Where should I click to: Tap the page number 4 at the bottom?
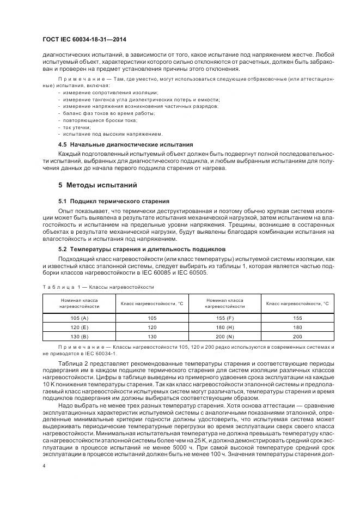tap(44, 466)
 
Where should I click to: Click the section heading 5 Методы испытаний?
tap(90, 185)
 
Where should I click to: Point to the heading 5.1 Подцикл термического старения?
tap(114, 202)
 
